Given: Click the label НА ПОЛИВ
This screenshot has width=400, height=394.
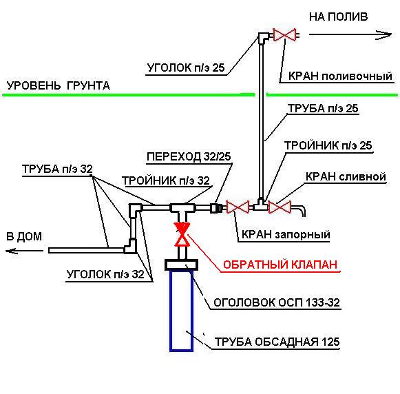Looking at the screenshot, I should (339, 15).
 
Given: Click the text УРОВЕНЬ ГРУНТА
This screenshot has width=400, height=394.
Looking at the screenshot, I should (59, 86).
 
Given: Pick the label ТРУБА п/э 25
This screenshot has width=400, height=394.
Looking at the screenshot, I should (324, 108).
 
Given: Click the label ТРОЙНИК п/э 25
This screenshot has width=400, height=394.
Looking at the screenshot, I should (328, 145).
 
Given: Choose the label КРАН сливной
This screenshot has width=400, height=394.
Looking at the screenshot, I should (346, 176).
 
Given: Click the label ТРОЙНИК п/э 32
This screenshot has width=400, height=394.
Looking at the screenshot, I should (166, 181).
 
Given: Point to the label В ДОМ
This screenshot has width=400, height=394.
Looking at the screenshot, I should (25, 236).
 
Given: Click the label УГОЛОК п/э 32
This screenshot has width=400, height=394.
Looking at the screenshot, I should (105, 274).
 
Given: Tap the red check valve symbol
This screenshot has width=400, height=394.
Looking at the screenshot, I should (182, 234).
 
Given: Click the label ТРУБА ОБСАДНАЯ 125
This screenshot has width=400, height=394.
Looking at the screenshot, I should (277, 342).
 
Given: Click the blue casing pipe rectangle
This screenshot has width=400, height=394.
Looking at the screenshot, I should (182, 310).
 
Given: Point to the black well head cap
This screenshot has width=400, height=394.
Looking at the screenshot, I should (182, 263).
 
